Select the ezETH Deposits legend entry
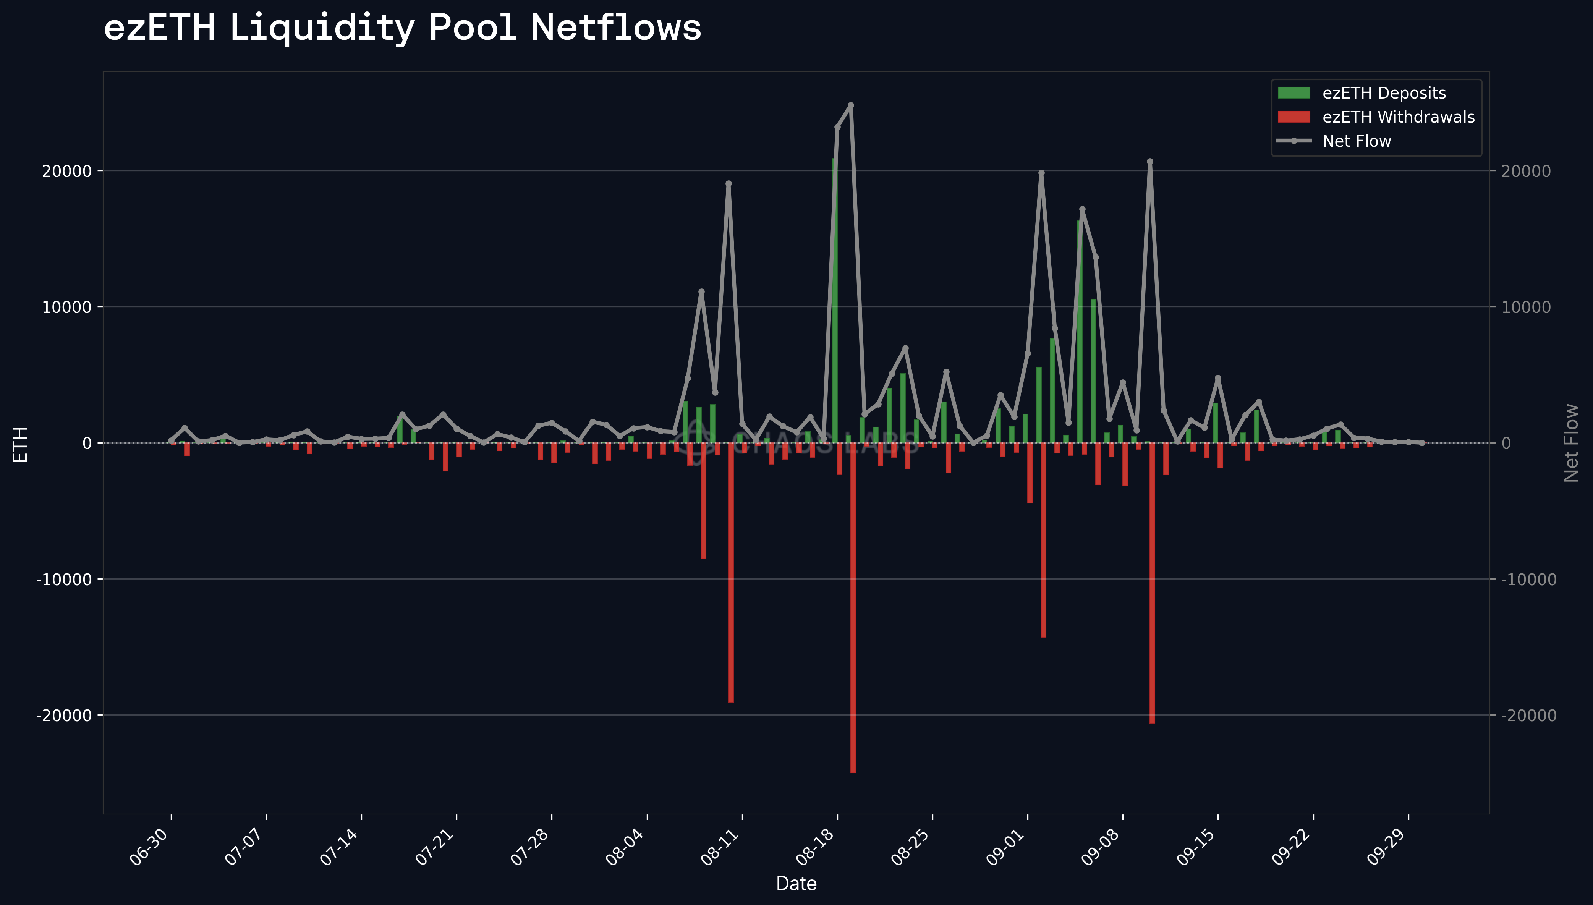(1384, 93)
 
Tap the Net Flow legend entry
(1356, 141)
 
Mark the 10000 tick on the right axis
(1526, 307)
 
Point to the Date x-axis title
(796, 883)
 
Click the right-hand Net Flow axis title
(1570, 442)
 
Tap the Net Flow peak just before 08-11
(729, 184)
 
